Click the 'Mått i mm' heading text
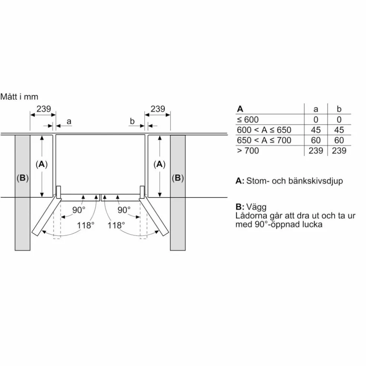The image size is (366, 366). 19,97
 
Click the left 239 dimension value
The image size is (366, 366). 44,109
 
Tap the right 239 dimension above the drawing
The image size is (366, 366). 158,109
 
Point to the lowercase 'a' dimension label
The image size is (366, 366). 68,122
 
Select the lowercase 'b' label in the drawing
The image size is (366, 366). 132,121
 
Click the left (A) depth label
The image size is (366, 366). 42,164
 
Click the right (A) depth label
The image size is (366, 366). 160,164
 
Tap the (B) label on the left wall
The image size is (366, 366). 22,178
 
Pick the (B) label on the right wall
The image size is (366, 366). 178,178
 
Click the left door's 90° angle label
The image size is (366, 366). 78,210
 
